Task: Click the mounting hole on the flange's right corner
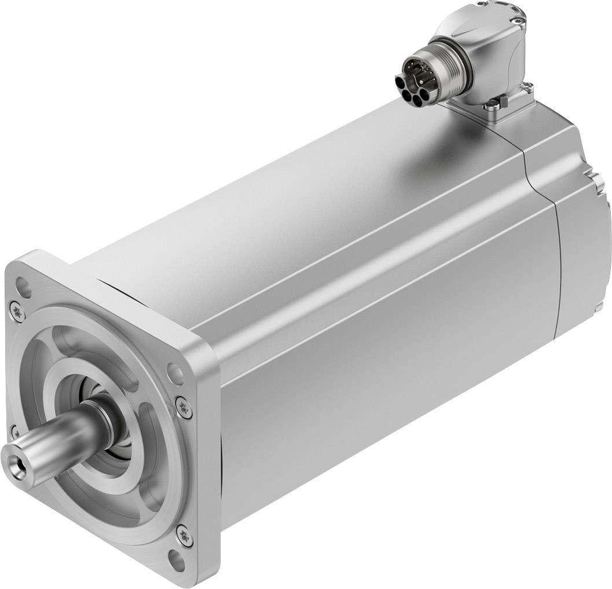coord(172,370)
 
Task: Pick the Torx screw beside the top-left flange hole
coord(16,311)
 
